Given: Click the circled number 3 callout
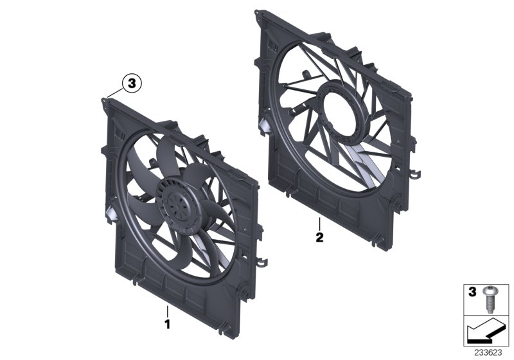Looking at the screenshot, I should [x=131, y=83].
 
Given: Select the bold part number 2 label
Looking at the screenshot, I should [x=319, y=236].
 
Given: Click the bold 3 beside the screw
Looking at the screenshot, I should [x=473, y=292].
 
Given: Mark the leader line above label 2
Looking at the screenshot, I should [x=319, y=224].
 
